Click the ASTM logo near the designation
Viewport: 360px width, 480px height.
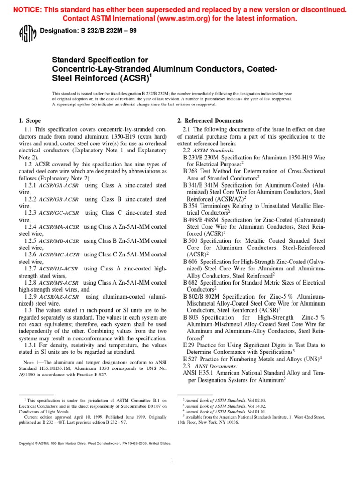point(25,34)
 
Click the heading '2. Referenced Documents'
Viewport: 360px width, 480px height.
point(210,120)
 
